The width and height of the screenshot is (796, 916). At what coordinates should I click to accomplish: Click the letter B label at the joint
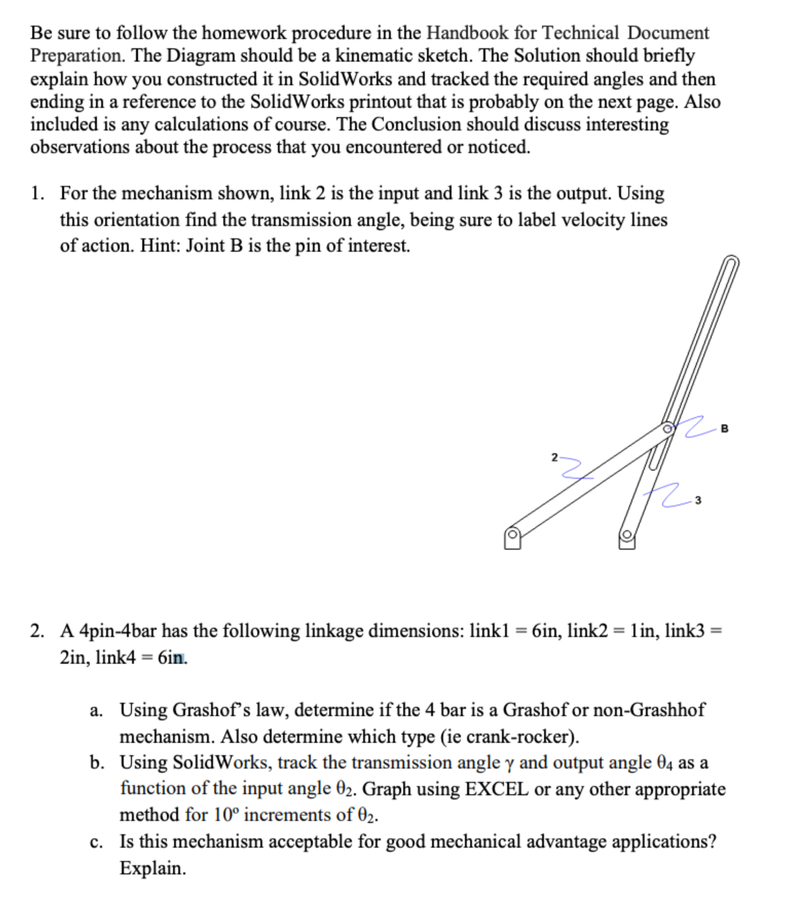click(725, 428)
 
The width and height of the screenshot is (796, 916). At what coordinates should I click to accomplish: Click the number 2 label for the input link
click(554, 457)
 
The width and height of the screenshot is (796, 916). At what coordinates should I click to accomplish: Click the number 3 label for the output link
click(698, 500)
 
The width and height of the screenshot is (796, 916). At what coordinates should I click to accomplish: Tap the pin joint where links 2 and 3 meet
click(668, 427)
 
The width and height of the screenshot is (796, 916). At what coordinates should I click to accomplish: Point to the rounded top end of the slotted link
click(732, 261)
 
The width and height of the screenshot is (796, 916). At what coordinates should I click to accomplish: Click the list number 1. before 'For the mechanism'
click(38, 194)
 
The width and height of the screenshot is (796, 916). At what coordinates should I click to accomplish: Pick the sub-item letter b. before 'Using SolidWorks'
click(96, 763)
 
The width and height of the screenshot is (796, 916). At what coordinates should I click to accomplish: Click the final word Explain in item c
click(152, 868)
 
